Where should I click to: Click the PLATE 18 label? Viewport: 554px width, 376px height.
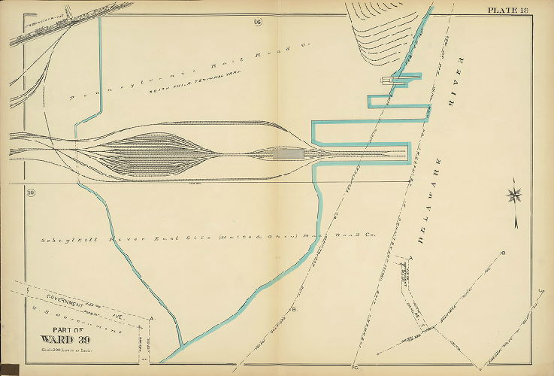pyautogui.click(x=508, y=10)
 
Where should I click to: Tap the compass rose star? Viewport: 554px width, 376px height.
pyautogui.click(x=515, y=196)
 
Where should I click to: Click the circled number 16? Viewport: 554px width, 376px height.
pyautogui.click(x=257, y=20)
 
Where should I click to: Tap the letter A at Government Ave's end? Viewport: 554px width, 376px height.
pyautogui.click(x=153, y=319)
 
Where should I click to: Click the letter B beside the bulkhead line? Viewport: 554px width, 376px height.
pyautogui.click(x=294, y=309)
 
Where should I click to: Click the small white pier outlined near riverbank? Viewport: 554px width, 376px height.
pyautogui.click(x=388, y=79)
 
